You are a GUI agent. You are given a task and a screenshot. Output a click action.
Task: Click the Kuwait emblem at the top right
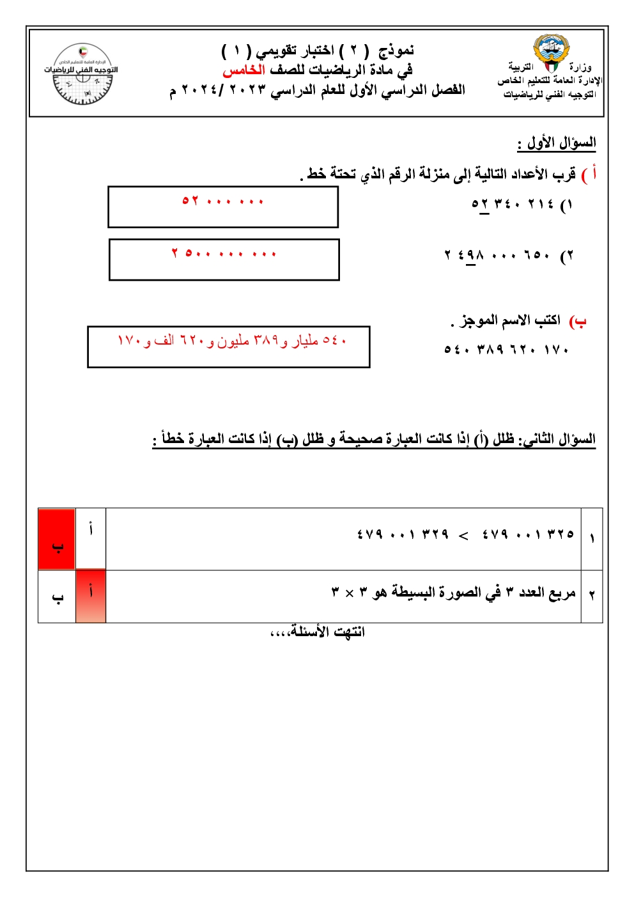click(x=551, y=52)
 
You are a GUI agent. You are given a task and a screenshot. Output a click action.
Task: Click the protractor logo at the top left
click(x=82, y=74)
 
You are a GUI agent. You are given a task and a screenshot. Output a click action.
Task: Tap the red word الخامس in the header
click(x=244, y=70)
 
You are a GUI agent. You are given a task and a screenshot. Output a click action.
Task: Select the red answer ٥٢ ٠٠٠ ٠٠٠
click(x=223, y=201)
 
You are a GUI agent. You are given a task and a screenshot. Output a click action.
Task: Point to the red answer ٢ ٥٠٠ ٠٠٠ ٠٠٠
click(x=224, y=253)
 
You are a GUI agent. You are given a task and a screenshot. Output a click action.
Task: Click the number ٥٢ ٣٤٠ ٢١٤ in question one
click(x=513, y=204)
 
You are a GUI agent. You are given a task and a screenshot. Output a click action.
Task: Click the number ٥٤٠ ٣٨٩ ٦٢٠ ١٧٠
click(x=506, y=349)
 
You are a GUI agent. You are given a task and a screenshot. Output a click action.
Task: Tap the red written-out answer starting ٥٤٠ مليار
click(x=231, y=341)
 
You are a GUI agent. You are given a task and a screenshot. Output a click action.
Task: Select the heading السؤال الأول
click(x=557, y=143)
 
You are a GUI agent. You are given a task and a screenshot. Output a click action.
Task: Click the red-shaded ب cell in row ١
click(x=57, y=539)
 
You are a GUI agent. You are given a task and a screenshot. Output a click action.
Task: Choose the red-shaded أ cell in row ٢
click(x=91, y=596)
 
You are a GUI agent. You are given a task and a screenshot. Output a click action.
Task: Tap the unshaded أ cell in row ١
click(x=91, y=539)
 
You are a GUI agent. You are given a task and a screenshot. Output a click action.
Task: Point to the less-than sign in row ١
click(x=464, y=535)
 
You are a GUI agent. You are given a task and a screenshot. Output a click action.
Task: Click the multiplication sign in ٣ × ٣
click(x=350, y=593)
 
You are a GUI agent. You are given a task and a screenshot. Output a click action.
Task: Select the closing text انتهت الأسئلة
click(x=318, y=632)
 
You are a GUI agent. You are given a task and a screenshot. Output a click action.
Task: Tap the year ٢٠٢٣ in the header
click(x=247, y=90)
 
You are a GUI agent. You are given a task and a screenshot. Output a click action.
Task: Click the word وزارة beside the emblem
click(x=580, y=67)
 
